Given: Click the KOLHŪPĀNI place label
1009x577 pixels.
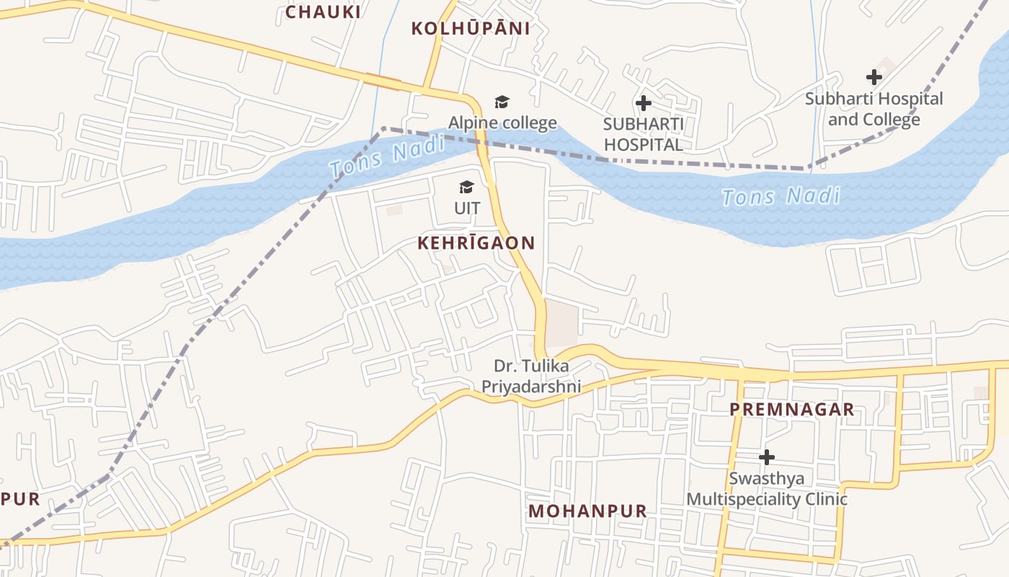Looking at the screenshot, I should point(471,29).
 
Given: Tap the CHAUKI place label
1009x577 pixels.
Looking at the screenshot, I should point(323,12).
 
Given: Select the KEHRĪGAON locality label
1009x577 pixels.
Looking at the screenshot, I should point(476,243).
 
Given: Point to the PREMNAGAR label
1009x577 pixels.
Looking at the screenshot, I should point(792,410).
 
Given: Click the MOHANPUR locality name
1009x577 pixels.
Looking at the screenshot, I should point(588,511).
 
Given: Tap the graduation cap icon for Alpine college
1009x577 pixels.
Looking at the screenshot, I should point(502,102).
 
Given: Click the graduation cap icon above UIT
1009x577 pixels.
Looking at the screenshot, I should point(467,188).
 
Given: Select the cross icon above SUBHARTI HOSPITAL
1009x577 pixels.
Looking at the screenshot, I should point(643,103).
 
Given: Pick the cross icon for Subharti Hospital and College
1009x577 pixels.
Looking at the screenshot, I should point(874,77).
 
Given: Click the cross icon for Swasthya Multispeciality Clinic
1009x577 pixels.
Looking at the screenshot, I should point(767,457).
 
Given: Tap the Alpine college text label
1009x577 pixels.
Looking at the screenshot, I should point(502,123).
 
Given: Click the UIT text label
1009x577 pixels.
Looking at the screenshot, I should point(467,208).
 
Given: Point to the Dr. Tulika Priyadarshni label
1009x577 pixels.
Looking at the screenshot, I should point(531,376).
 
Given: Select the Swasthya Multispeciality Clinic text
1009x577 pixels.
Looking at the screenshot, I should point(767,488).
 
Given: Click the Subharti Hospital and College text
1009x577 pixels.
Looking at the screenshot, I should point(874,108).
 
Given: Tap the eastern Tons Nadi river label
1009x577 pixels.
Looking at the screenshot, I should point(781,196).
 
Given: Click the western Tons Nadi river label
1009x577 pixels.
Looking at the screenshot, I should point(387,158).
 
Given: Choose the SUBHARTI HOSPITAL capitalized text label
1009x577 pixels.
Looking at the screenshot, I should point(643,134).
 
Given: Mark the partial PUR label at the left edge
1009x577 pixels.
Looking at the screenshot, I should point(20,499).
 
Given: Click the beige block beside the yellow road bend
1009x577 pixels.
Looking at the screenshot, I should point(561,322).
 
